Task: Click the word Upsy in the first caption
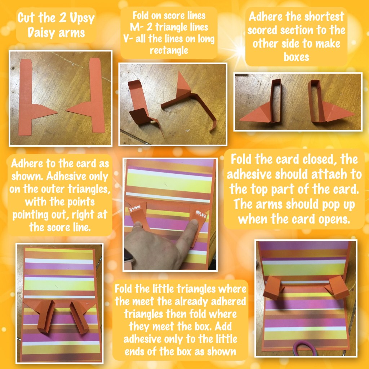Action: pyautogui.click(x=82, y=18)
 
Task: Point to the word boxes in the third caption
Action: pyautogui.click(x=296, y=57)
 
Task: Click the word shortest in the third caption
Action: pyautogui.click(x=326, y=17)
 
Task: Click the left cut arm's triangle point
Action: pyautogui.click(x=57, y=113)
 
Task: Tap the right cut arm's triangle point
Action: pyautogui.click(x=66, y=110)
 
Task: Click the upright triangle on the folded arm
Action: pyautogui.click(x=183, y=83)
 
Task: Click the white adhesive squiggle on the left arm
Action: pyautogui.click(x=135, y=209)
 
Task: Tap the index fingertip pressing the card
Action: pyautogui.click(x=194, y=223)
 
